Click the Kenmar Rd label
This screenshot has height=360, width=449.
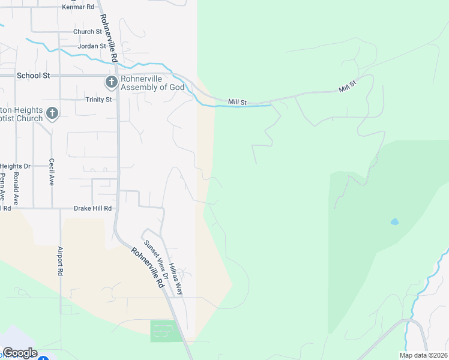coord(79,7)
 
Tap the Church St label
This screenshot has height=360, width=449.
coord(88,32)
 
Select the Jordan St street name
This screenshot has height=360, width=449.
coord(91,46)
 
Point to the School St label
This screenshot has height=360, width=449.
coord(33,76)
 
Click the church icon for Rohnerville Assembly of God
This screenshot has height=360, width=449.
coord(111,82)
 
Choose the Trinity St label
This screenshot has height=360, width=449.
coord(98,100)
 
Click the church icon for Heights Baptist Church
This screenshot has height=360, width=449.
coord(52,113)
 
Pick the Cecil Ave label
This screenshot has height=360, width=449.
coord(52,172)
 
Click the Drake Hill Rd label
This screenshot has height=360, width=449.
coord(92,208)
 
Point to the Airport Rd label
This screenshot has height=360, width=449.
coord(60,262)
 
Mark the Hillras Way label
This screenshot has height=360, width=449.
coord(175,278)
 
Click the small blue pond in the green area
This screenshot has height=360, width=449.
coord(394,222)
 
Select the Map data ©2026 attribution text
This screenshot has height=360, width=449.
coord(423,355)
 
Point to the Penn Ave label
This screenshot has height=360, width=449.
coord(2,186)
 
